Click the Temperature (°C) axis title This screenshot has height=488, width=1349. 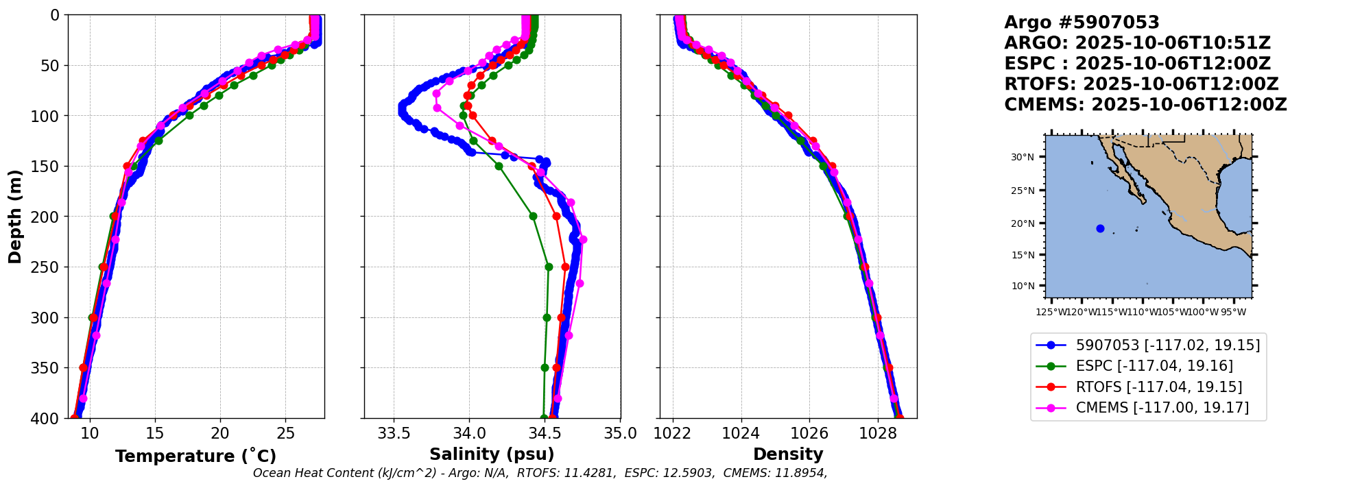[195, 456]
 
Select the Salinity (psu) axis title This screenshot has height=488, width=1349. [492, 454]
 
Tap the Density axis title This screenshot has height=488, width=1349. [788, 454]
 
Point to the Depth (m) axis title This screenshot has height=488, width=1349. [15, 217]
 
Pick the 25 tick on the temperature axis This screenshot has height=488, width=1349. [285, 433]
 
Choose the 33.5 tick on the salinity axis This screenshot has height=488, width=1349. [394, 433]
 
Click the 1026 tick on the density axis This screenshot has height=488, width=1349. [809, 433]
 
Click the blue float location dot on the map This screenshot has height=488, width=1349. [1100, 228]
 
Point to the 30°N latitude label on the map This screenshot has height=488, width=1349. [1023, 157]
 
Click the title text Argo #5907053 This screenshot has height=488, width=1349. [1082, 23]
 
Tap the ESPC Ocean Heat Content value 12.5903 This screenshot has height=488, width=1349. [689, 473]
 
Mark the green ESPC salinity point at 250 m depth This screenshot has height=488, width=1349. [549, 267]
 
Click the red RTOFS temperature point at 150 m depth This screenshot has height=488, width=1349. [127, 166]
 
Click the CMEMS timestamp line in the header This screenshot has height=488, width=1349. [1145, 105]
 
